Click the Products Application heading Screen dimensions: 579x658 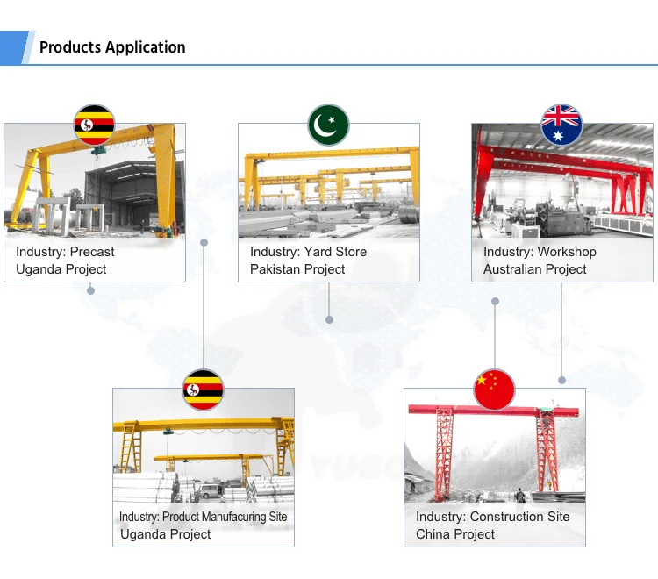[112, 47]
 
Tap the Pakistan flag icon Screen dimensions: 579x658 [328, 125]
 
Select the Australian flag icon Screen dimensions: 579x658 [562, 125]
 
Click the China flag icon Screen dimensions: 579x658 [495, 390]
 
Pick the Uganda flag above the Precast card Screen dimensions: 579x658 [94, 125]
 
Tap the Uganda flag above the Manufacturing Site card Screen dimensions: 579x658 [203, 390]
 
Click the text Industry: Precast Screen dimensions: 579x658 [65, 252]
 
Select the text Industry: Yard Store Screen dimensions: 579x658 [308, 252]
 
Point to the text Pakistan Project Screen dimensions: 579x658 [297, 269]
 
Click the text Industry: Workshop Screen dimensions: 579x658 [540, 252]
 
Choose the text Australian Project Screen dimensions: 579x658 [534, 269]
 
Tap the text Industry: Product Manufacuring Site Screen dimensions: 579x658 [204, 517]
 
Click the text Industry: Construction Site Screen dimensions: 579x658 [492, 517]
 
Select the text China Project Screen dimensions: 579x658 [455, 534]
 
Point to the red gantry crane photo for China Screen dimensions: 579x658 [495, 456]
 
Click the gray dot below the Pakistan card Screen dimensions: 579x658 [329, 320]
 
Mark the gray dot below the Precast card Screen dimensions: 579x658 [90, 290]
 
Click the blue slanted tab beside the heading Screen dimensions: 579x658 [15, 47]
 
